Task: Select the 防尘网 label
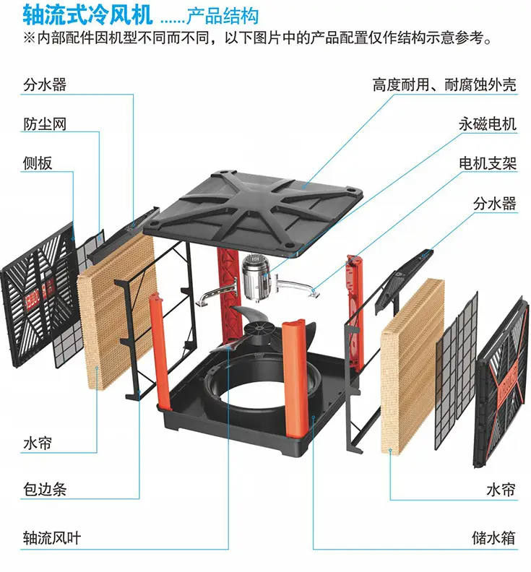pos(44,124)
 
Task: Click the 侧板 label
pos(38,164)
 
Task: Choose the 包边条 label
pos(44,490)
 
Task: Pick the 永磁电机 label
pos(487,124)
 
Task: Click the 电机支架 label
pos(487,164)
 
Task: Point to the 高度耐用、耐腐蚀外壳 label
pos(444,85)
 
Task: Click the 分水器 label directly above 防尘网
pos(44,85)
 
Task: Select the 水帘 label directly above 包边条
pos(38,442)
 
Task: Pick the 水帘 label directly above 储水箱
pos(501,490)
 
